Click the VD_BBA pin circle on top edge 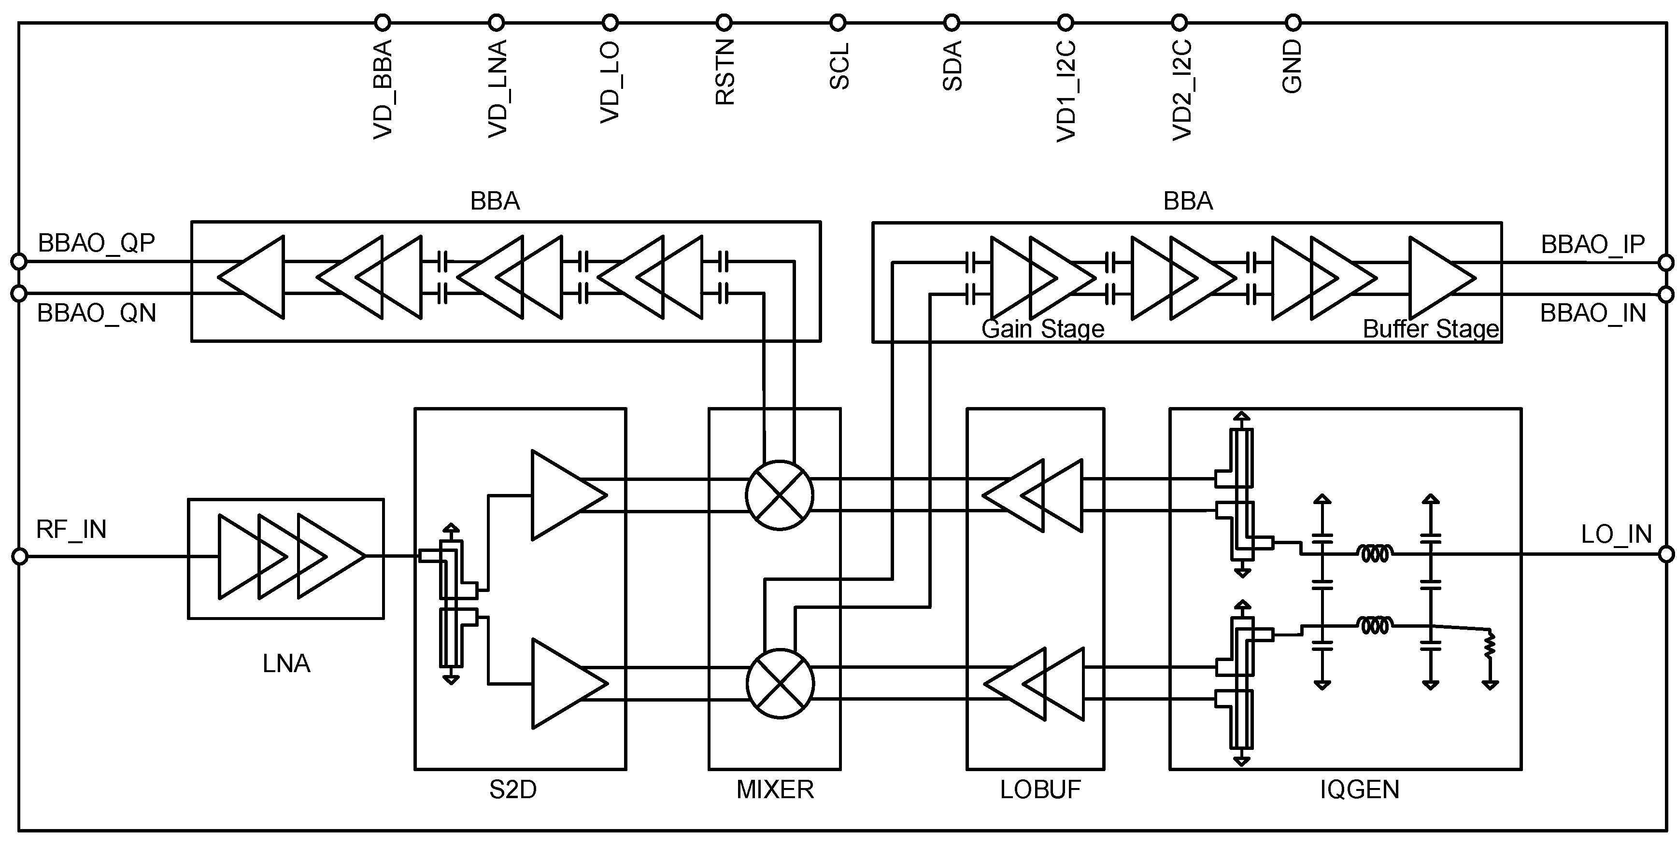tap(382, 23)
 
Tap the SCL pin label tap(839, 67)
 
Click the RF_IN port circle tap(19, 557)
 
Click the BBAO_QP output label tap(96, 243)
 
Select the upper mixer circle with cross tap(779, 495)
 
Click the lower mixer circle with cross tap(780, 684)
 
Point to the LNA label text tap(286, 664)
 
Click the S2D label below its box tap(513, 789)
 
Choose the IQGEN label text tap(1359, 789)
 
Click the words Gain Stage tap(1042, 329)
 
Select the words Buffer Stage tap(1431, 329)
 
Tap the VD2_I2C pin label tap(1181, 90)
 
